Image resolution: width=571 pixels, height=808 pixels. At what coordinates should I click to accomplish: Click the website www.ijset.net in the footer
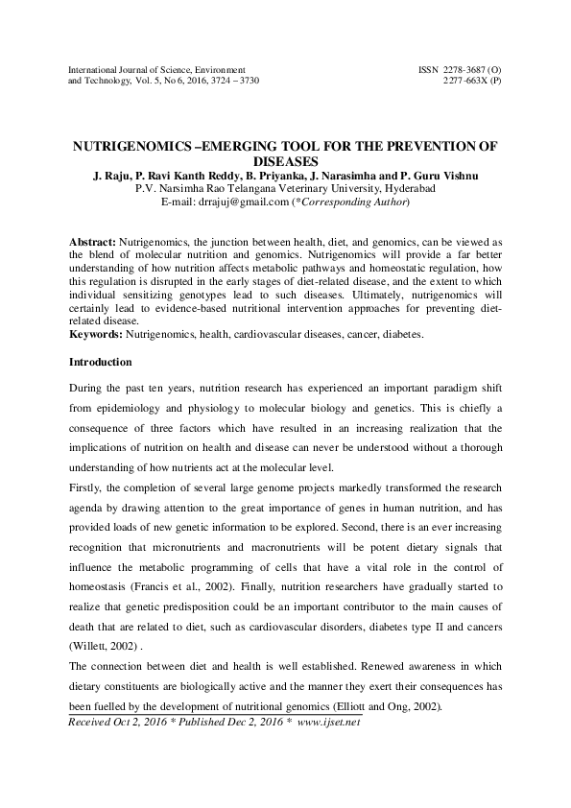(327, 722)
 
